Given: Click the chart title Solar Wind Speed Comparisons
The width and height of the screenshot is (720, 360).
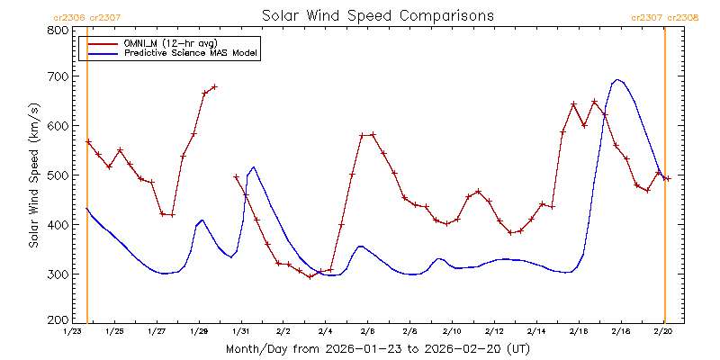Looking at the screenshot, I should coord(377,16).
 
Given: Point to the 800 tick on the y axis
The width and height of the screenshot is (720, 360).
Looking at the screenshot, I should coord(58,30).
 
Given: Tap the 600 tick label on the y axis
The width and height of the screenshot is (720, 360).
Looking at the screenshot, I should coord(58,126).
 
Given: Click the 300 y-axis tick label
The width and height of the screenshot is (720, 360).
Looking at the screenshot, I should coord(58,274).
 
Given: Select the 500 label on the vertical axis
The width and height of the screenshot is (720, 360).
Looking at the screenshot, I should coord(58,175).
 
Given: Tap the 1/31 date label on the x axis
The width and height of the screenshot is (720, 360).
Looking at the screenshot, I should coord(240,332).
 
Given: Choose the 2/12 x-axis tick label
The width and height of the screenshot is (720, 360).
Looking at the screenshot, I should coord(494,332).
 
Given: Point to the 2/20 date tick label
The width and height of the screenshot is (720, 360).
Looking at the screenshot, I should coord(663,332).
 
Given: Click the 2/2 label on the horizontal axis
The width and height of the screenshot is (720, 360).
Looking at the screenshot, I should coord(283,332).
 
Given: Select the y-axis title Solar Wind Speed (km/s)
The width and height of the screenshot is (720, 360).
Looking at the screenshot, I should coord(33,175).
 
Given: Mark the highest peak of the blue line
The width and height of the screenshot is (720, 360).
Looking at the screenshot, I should coord(617,79).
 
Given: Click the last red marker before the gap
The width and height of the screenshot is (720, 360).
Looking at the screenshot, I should coord(215,86).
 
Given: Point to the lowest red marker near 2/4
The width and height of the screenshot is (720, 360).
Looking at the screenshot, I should coord(310,276).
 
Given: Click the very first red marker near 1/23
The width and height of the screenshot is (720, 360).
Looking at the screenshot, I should coord(88,141).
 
